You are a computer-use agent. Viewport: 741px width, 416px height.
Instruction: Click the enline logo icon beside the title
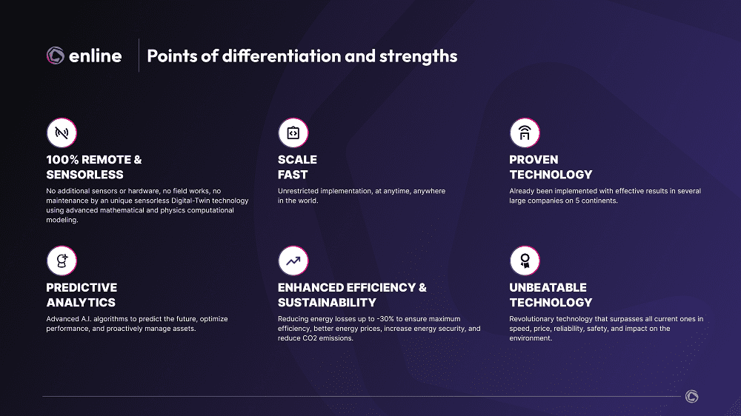56,56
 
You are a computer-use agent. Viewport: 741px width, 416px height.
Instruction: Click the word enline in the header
96,56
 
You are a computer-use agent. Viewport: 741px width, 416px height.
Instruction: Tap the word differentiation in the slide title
282,56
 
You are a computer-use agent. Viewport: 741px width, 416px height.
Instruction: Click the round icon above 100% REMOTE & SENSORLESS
62,132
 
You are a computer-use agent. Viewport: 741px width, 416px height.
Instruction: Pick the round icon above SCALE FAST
293,132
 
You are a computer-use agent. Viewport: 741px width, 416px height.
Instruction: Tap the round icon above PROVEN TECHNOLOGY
525,132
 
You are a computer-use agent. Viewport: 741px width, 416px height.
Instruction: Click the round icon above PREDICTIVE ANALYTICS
62,261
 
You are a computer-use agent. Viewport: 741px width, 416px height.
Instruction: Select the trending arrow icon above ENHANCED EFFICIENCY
293,261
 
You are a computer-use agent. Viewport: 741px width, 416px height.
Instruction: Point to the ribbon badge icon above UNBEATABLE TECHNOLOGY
525,261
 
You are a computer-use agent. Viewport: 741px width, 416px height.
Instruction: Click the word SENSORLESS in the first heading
84,175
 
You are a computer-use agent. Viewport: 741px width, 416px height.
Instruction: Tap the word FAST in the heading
293,175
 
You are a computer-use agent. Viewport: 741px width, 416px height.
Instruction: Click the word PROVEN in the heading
534,160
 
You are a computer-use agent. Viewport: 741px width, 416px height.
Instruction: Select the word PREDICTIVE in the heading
82,287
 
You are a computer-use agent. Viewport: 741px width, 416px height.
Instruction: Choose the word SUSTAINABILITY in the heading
327,303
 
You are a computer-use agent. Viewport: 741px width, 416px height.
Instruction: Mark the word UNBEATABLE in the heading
548,287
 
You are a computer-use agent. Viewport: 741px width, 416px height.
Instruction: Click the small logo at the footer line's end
692,397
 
